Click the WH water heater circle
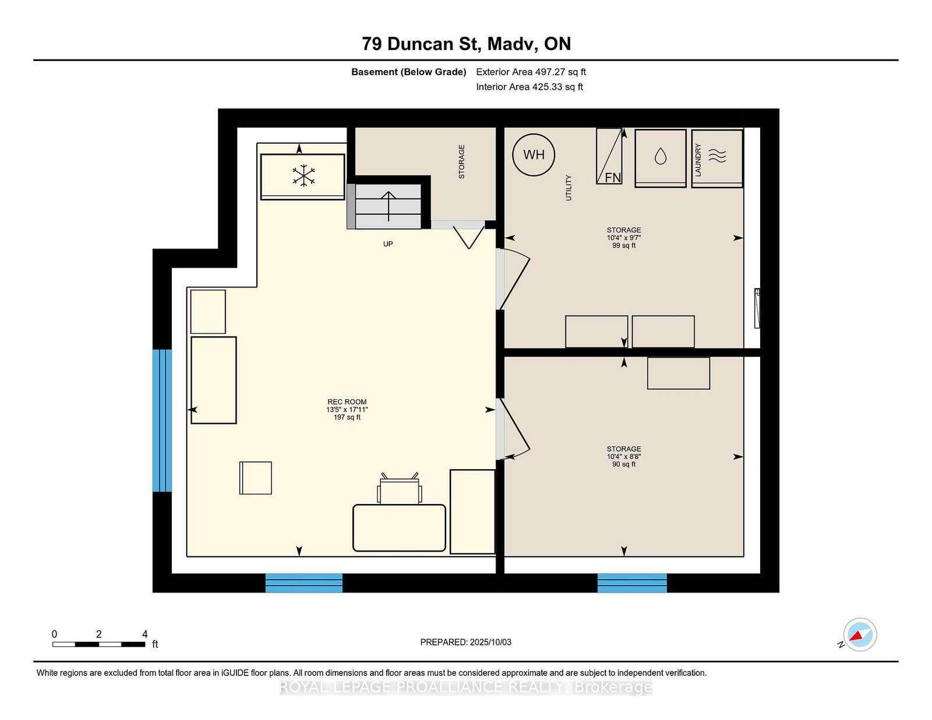coord(534,155)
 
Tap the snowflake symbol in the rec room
coord(303,175)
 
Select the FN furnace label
coord(613,178)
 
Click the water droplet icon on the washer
coord(661,156)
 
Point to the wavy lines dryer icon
coord(717,155)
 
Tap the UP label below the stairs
coord(388,244)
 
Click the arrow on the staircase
coord(389,206)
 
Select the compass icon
coord(860,634)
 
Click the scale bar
coord(98,644)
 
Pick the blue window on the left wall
coord(162,420)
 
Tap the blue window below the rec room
coord(303,583)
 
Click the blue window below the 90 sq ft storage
coord(632,583)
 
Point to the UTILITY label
coord(569,188)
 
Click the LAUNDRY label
coord(698,160)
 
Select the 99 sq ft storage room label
coord(624,238)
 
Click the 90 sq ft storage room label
coord(624,456)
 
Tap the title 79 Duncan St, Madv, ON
coord(466,44)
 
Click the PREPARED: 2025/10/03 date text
coord(466,642)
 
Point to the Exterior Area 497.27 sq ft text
coord(531,72)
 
